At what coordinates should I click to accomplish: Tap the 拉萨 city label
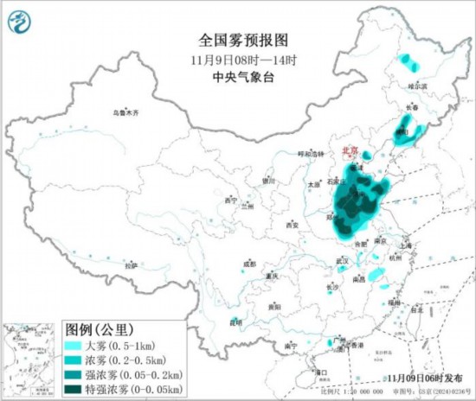tap(130, 266)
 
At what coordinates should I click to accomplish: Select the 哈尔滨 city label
tap(418, 86)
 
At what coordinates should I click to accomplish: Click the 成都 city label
tap(249, 264)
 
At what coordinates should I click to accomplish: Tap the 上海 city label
tap(406, 245)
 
